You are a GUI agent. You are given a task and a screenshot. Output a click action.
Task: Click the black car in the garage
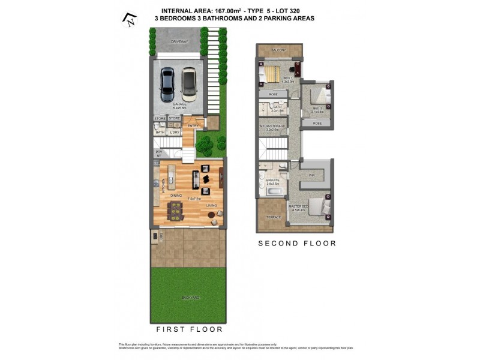pyautogui.click(x=167, y=85)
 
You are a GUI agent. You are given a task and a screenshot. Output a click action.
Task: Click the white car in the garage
pyautogui.click(x=189, y=85)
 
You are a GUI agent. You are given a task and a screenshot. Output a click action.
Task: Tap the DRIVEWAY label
pyautogui.click(x=179, y=41)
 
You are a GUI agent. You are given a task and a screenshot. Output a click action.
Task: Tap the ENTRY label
pyautogui.click(x=192, y=125)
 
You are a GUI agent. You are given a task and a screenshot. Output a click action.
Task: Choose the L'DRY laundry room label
pyautogui.click(x=174, y=132)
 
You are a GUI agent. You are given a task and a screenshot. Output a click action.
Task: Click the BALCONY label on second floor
pyautogui.click(x=278, y=50)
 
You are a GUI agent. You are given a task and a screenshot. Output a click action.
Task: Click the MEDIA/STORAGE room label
pyautogui.click(x=272, y=127)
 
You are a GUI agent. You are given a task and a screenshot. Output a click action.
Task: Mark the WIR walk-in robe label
pyautogui.click(x=311, y=175)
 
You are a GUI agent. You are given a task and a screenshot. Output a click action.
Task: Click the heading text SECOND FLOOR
pyautogui.click(x=297, y=244)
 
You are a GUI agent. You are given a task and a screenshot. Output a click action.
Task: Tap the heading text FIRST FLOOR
pyautogui.click(x=190, y=329)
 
